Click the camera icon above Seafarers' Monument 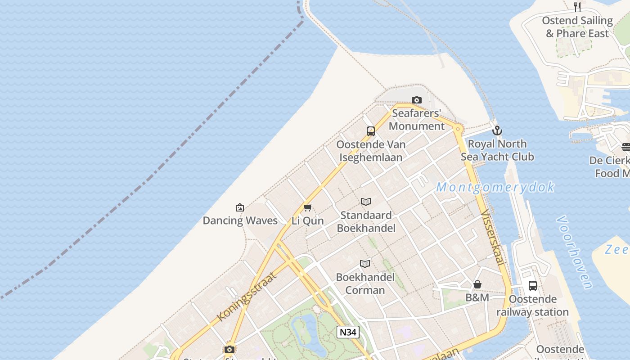tap(417, 100)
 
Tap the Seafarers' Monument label tap(416, 120)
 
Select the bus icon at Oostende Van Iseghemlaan tap(371, 131)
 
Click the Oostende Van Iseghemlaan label tap(371, 151)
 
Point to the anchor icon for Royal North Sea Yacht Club tap(497, 131)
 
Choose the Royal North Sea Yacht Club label tap(497, 150)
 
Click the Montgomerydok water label tap(495, 187)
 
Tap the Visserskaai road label tap(493, 237)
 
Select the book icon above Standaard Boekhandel tap(366, 202)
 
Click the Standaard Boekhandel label tap(366, 221)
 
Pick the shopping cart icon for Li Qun tap(308, 207)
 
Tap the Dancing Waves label tap(240, 220)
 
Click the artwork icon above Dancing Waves tap(240, 207)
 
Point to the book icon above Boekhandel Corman tap(365, 264)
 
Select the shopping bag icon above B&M tap(477, 284)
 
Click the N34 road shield tap(348, 333)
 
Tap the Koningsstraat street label tap(246, 297)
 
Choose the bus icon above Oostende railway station tap(533, 286)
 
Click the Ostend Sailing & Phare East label tap(577, 27)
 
